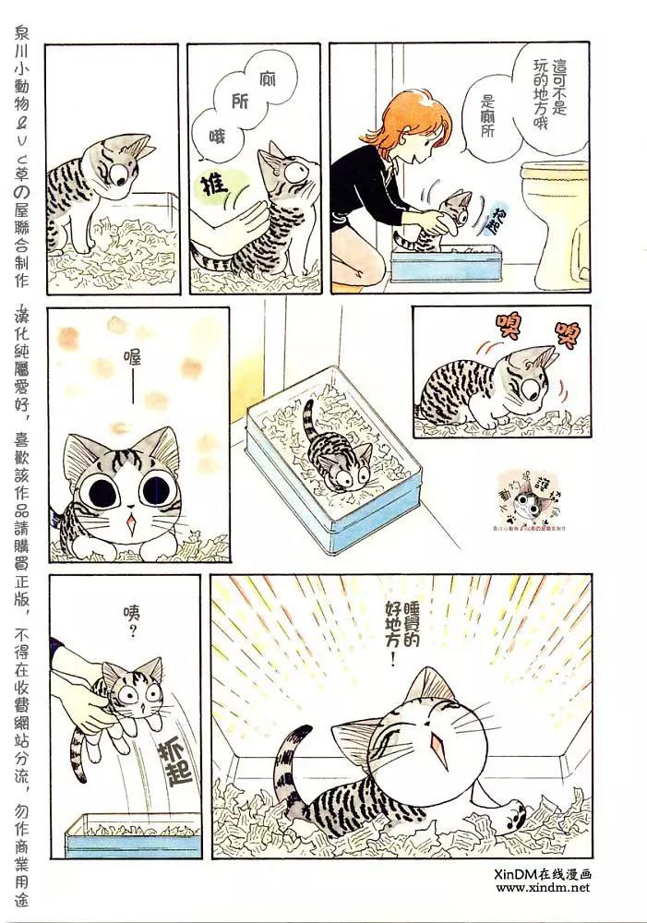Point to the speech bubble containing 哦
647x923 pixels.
(217, 138)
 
